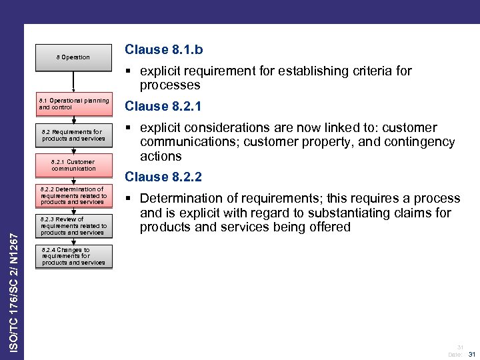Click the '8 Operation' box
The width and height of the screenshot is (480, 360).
tap(73, 57)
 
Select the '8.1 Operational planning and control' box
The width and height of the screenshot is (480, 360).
tap(73, 104)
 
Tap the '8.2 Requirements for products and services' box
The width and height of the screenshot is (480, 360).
tap(73, 135)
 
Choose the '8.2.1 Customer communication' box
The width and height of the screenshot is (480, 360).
tap(73, 165)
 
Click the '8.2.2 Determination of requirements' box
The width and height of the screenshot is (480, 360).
tap(73, 195)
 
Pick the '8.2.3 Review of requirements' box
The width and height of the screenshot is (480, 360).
tap(73, 226)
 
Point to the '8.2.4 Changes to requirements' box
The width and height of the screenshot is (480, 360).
tap(73, 257)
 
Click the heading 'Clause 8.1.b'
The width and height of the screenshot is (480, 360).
tap(164, 49)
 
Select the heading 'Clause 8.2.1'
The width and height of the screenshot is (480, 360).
tap(163, 106)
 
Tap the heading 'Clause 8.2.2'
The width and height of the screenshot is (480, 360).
tap(163, 177)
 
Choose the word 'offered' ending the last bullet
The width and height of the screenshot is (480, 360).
tap(326, 227)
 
